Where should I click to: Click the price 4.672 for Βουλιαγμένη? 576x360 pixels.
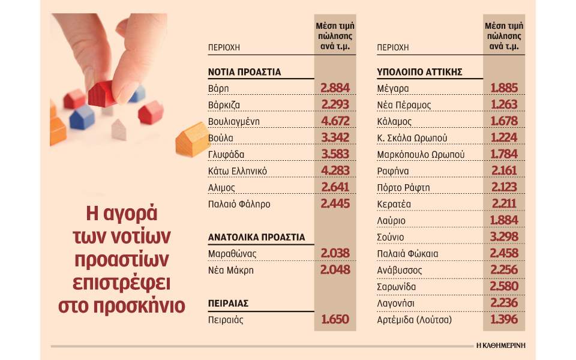pos(335,122)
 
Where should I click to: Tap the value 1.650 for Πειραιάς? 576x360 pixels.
pos(335,320)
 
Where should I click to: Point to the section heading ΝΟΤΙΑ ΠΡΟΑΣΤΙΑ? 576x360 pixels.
pos(245,72)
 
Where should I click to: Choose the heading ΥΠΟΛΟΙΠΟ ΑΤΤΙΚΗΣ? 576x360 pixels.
pos(419,72)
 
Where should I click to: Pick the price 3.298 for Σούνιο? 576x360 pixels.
pos(504,237)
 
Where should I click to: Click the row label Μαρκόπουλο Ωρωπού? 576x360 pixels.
pos(421,154)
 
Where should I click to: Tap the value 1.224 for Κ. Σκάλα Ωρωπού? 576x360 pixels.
pos(504,138)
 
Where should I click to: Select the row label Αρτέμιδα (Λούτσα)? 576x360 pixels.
pos(413,320)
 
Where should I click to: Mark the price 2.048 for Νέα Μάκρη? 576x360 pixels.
pos(335,270)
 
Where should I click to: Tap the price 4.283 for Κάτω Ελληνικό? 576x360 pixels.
pos(335,171)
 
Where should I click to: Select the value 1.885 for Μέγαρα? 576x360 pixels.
pos(504,89)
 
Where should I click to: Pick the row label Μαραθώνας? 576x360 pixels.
pos(232,254)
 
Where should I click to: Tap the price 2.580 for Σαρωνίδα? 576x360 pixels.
pos(504,287)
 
